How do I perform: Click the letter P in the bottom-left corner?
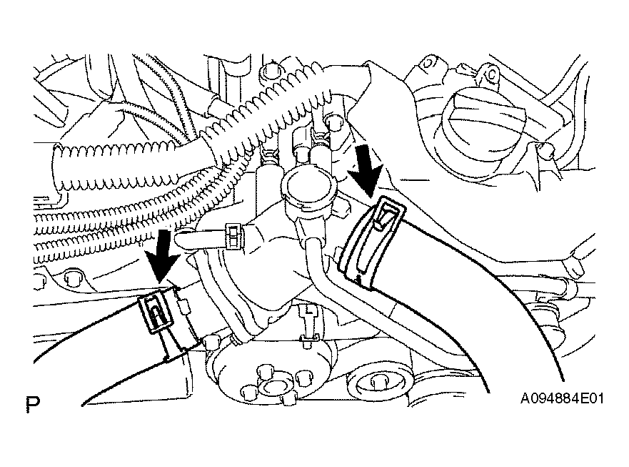coord(32,404)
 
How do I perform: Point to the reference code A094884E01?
coord(562,398)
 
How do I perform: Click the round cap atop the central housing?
coord(308,186)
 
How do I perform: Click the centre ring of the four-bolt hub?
coord(274,387)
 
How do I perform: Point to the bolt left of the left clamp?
coord(73,277)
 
